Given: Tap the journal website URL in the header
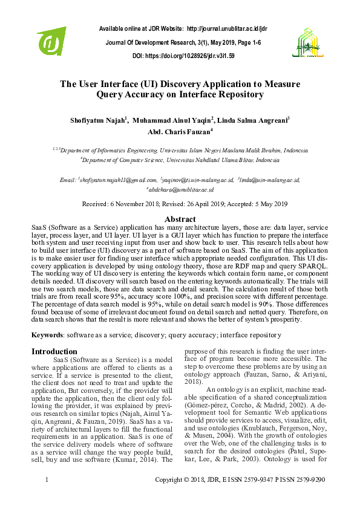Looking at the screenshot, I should coord(227,28).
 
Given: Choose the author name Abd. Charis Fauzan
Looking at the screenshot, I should coord(178,132).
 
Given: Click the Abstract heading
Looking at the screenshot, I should coord(180,219).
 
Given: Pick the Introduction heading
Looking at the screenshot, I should coord(54,351).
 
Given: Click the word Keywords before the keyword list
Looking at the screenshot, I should coord(47,334).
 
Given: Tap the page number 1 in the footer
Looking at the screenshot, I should coord(47,496).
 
